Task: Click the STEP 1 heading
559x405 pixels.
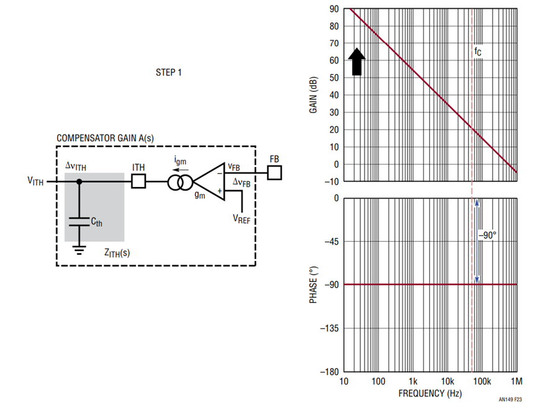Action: tap(168, 73)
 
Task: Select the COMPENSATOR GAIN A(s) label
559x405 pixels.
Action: tap(105, 139)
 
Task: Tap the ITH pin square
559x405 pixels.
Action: tap(139, 181)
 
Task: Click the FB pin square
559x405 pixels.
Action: tap(275, 173)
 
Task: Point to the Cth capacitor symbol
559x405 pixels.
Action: tap(79, 221)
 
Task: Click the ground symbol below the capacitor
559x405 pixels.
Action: tap(79, 250)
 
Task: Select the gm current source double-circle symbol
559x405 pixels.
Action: tap(180, 183)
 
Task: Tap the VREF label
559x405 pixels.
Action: tap(242, 219)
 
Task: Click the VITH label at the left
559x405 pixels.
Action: tap(35, 181)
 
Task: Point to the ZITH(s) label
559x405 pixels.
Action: tap(117, 253)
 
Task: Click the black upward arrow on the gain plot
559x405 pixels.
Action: tap(357, 61)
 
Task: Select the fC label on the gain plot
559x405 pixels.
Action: tap(478, 52)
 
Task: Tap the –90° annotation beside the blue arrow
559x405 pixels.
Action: tap(488, 235)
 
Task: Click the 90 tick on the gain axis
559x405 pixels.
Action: tap(334, 9)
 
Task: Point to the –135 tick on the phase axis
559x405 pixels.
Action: tap(329, 328)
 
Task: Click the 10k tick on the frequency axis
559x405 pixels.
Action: tap(447, 381)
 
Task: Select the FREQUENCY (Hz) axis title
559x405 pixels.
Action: tap(430, 393)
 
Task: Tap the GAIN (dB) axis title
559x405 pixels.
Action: tap(313, 95)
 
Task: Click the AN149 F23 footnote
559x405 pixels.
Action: tap(510, 399)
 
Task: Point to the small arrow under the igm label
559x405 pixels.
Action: tap(181, 170)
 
